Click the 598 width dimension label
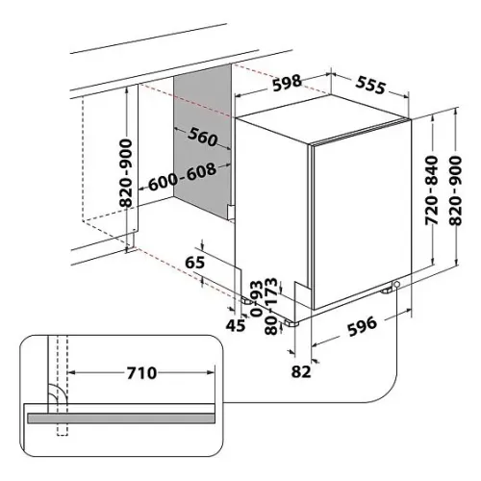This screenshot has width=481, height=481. pyautogui.click(x=288, y=83)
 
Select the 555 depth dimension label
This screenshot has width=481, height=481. pyautogui.click(x=370, y=85)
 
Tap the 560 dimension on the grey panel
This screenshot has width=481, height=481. pyautogui.click(x=203, y=137)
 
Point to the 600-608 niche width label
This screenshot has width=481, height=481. pyautogui.click(x=182, y=177)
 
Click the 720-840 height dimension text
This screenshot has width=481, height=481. pyautogui.click(x=431, y=190)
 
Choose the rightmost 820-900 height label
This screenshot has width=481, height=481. pyautogui.click(x=455, y=190)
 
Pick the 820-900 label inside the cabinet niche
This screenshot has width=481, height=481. pyautogui.click(x=126, y=173)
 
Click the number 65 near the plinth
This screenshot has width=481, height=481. pyautogui.click(x=195, y=263)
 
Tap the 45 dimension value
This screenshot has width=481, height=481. pyautogui.click(x=236, y=326)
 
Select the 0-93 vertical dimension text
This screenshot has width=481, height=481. pyautogui.click(x=257, y=298)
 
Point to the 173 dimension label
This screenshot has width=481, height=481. pyautogui.click(x=271, y=291)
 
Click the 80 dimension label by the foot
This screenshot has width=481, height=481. pyautogui.click(x=271, y=325)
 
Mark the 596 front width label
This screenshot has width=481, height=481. pyautogui.click(x=362, y=326)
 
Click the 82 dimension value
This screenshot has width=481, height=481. pyautogui.click(x=301, y=371)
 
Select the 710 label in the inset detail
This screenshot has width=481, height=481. pyautogui.click(x=141, y=373)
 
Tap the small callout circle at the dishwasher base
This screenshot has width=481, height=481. pyautogui.click(x=396, y=285)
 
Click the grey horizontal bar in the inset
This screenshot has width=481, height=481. pyautogui.click(x=121, y=418)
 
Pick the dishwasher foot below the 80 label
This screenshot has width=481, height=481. pyautogui.click(x=291, y=323)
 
